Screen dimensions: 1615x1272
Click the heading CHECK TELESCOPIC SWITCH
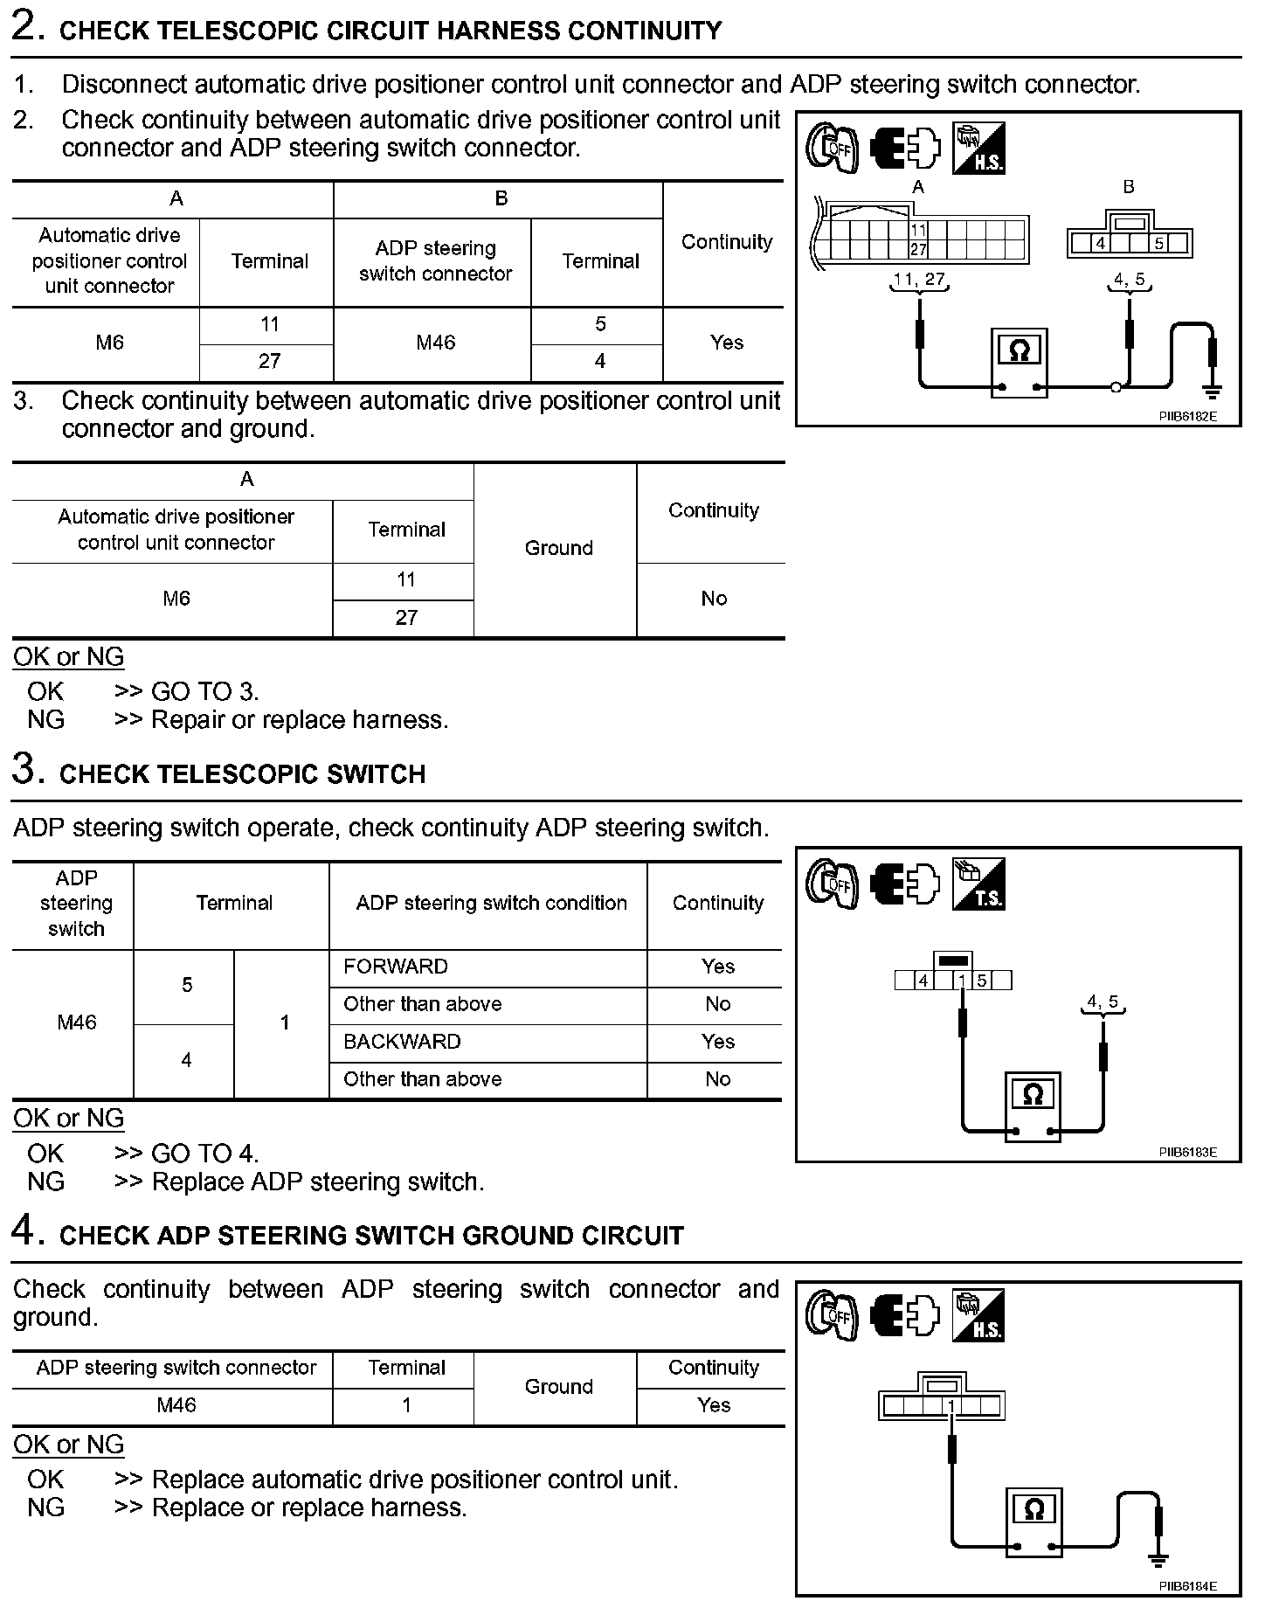pyautogui.click(x=242, y=774)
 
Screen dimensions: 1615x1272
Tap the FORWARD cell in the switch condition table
pyautogui.click(x=396, y=967)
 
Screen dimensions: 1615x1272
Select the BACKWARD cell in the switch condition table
pyautogui.click(x=402, y=1042)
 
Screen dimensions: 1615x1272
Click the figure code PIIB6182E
pyautogui.click(x=1187, y=417)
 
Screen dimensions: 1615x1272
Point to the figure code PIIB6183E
pyautogui.click(x=1187, y=1153)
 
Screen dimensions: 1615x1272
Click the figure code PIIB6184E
pyautogui.click(x=1187, y=1586)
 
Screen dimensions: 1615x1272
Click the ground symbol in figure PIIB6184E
pyautogui.click(x=1159, y=1562)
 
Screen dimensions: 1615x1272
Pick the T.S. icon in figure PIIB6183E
pyautogui.click(x=979, y=884)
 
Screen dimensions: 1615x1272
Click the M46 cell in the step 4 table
pyautogui.click(x=176, y=1405)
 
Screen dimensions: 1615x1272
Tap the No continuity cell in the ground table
pyautogui.click(x=713, y=599)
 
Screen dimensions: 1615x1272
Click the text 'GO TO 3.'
pyautogui.click(x=205, y=692)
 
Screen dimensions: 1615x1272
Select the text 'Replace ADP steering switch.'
pyautogui.click(x=318, y=1182)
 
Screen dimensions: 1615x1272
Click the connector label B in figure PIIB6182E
pyautogui.click(x=1129, y=187)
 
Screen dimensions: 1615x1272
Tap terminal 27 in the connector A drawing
pyautogui.click(x=918, y=250)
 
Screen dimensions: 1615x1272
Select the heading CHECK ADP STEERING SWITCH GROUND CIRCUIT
pyautogui.click(x=371, y=1236)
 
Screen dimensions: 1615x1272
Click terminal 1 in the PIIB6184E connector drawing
pyautogui.click(x=951, y=1406)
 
